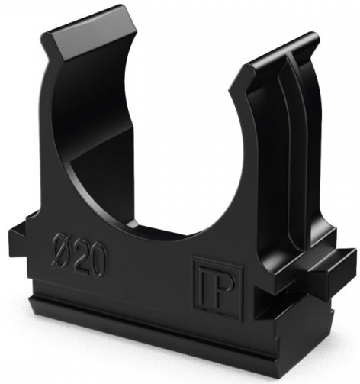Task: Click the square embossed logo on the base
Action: [x=217, y=289]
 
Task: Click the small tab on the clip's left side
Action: [x=21, y=234]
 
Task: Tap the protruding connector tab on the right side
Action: [x=333, y=267]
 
